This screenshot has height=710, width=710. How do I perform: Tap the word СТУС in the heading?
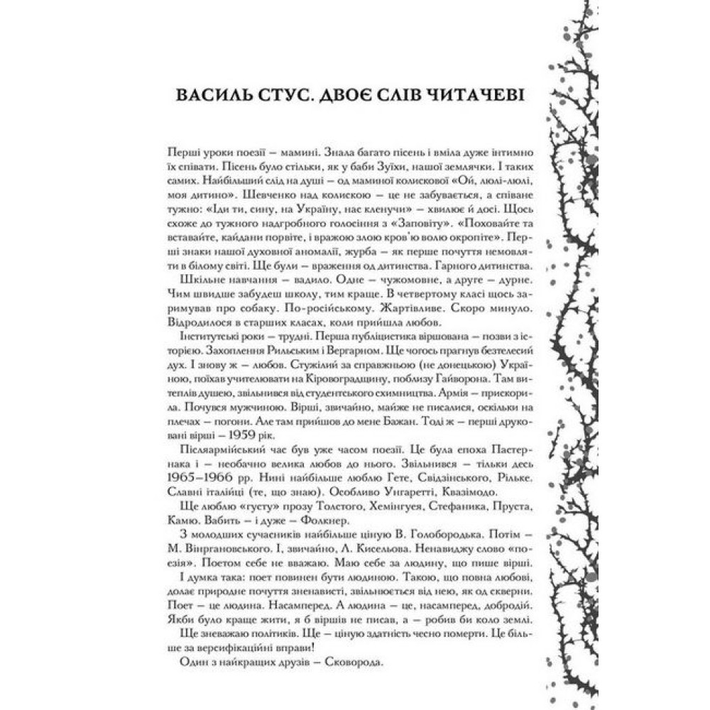point(288,97)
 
